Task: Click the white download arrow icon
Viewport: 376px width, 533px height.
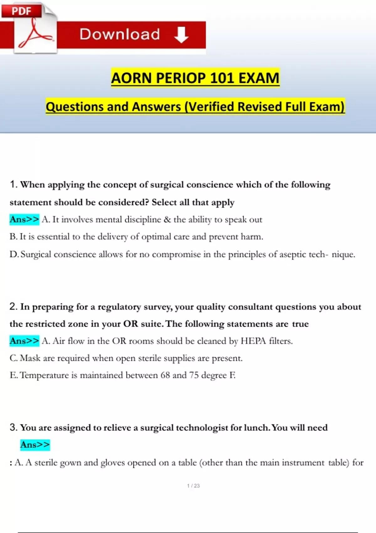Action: click(181, 34)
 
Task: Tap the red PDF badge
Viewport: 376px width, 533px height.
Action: click(21, 11)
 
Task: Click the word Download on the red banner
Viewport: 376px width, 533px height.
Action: click(120, 34)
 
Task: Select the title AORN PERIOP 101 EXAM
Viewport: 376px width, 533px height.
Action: click(195, 78)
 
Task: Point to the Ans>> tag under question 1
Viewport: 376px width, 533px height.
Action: click(24, 219)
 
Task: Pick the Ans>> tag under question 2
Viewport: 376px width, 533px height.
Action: click(24, 340)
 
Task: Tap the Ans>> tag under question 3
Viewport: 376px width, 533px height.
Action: click(35, 445)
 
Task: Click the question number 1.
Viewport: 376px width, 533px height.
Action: click(13, 184)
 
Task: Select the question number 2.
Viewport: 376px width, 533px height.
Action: click(13, 306)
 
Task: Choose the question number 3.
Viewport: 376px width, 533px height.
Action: click(13, 427)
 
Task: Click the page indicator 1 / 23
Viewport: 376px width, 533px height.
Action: click(193, 486)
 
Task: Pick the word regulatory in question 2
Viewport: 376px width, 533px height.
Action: click(119, 307)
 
